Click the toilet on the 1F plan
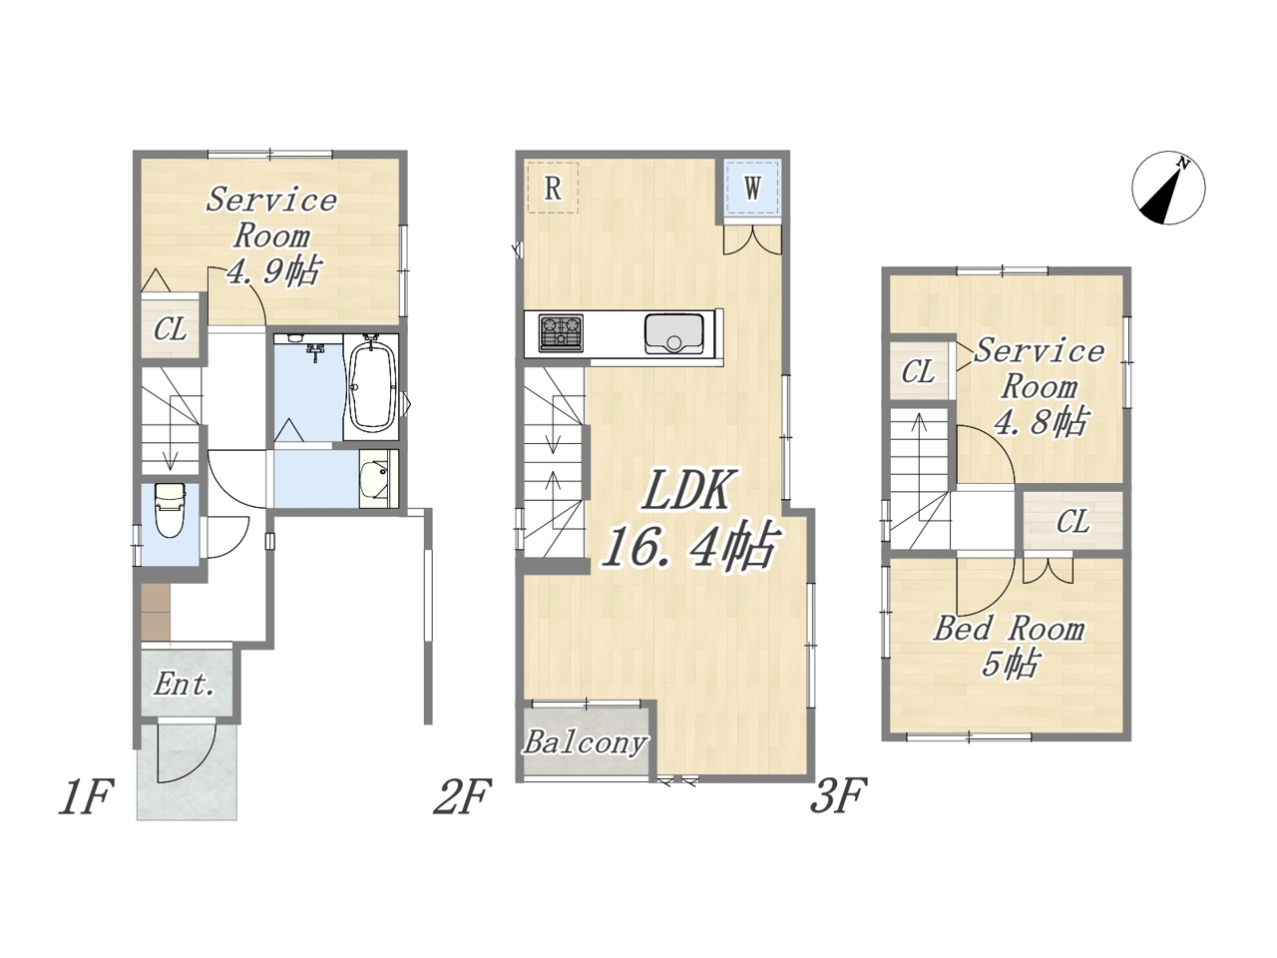coord(170,510)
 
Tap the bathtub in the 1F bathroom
coord(372,386)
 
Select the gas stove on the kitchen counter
coord(561,332)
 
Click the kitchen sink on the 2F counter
coord(673,333)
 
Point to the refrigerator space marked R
coord(553,188)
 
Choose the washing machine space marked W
coord(753,188)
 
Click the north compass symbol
coord(1168,188)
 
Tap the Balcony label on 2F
coord(586,743)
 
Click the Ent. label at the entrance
coord(184,685)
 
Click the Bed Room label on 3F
coord(1010,629)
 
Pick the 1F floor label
coord(85,797)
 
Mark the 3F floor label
coord(838,795)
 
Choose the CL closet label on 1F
coord(170,329)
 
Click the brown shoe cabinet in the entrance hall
coord(156,613)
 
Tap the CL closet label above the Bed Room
coord(1072,522)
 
